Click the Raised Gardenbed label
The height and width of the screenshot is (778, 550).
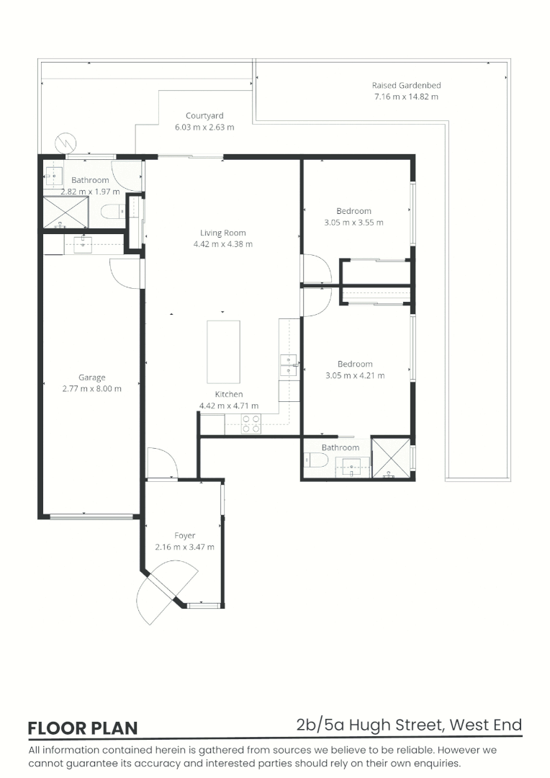(x=405, y=85)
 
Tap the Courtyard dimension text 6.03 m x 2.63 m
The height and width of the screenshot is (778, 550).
(x=204, y=127)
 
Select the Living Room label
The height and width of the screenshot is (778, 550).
(x=222, y=233)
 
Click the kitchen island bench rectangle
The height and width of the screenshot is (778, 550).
(x=222, y=352)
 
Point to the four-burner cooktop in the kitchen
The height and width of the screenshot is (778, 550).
(x=251, y=424)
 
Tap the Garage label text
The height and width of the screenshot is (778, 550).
(x=92, y=377)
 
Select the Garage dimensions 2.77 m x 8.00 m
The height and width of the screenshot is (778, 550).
(x=92, y=389)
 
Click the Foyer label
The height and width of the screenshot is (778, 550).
(x=184, y=535)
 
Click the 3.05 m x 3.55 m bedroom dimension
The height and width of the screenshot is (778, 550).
(x=353, y=223)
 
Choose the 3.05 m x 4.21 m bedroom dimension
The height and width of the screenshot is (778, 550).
(x=355, y=375)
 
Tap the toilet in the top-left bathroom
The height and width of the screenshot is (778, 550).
(x=112, y=212)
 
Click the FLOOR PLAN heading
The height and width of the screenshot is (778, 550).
(x=82, y=728)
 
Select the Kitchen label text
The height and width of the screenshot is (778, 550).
(x=229, y=394)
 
